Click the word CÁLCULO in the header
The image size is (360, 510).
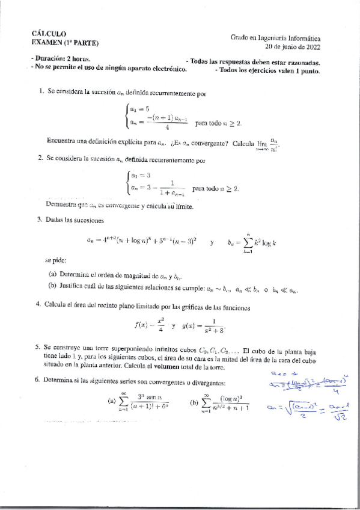tap(49, 34)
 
